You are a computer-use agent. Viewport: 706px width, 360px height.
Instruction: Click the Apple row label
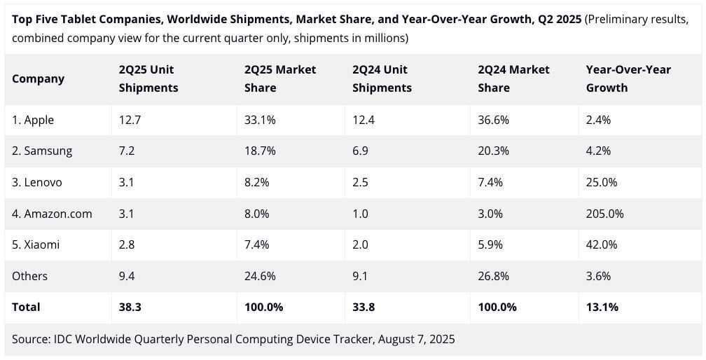33,120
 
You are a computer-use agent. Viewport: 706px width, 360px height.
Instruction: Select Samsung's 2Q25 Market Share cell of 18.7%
260,151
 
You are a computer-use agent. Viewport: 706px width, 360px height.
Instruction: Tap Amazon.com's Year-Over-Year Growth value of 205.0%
604,214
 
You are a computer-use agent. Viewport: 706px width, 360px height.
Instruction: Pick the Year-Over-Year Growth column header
628,78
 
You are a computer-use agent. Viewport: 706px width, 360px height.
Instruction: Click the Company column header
38,78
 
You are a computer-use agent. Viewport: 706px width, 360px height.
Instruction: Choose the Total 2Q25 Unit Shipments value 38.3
130,307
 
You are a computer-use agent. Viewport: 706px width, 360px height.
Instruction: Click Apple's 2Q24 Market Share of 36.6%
493,120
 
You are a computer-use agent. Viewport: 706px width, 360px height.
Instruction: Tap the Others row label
29,276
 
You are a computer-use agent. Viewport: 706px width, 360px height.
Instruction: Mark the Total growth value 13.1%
602,307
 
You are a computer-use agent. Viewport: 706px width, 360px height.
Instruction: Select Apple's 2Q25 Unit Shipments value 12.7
130,120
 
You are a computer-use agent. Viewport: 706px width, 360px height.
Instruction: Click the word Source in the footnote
29,339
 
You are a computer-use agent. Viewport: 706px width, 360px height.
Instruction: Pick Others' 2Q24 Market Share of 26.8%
493,276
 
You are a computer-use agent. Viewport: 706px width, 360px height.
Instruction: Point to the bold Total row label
26,307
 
